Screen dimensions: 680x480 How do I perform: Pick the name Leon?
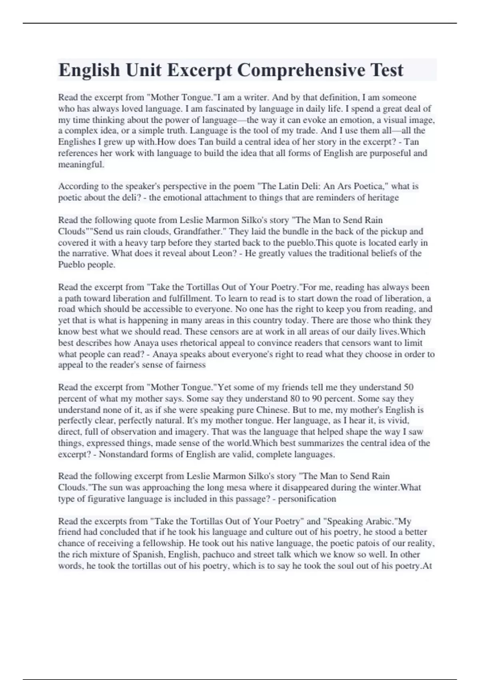point(226,253)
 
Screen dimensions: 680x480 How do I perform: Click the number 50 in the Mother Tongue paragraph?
point(408,387)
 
